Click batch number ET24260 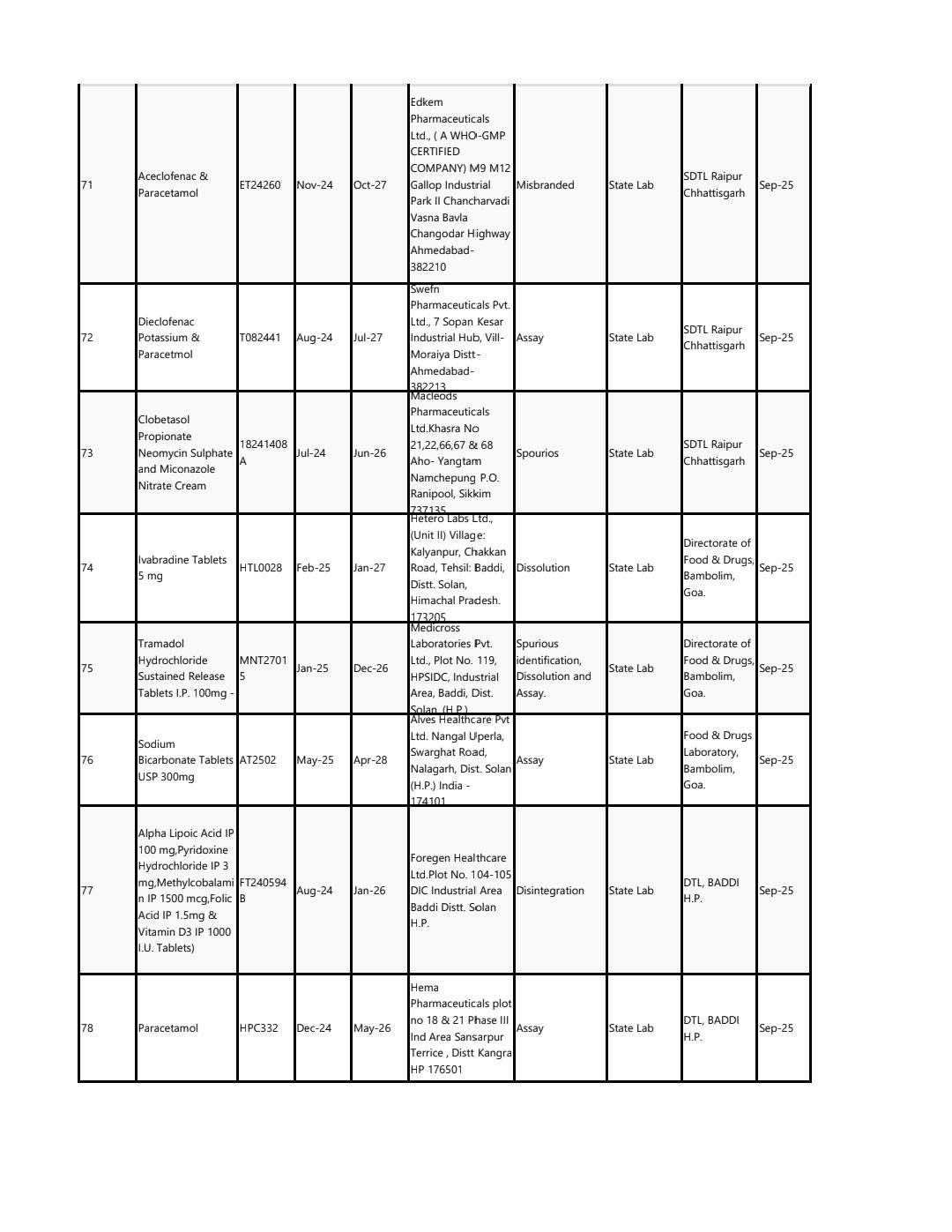click(260, 185)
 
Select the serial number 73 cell click(87, 453)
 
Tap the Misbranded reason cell click(545, 185)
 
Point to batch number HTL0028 click(261, 568)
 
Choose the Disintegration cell click(550, 891)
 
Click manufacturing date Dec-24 click(314, 1028)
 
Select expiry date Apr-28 click(370, 760)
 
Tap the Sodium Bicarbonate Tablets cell click(185, 760)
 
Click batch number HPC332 click(259, 1028)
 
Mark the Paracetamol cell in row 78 click(168, 1028)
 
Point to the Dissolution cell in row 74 click(543, 568)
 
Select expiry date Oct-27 click(370, 185)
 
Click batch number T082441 click(260, 338)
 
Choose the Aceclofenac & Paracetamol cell click(174, 185)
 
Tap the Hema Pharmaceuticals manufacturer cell click(460, 1028)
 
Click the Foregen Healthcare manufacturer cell click(460, 891)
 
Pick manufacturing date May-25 click(315, 760)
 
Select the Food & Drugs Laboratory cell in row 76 click(718, 760)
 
